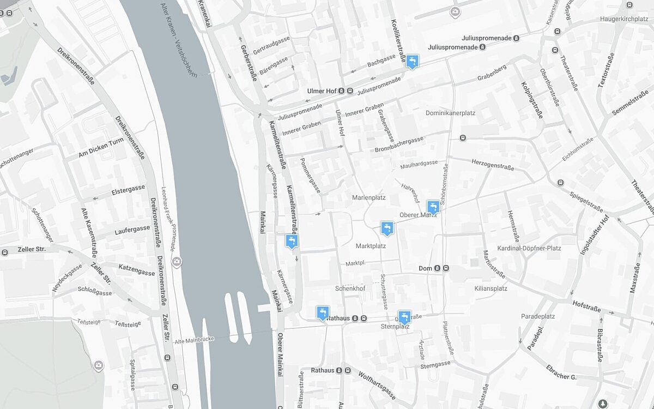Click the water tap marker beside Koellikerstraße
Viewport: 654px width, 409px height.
(x=413, y=61)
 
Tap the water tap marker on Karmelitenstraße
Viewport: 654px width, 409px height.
(x=292, y=240)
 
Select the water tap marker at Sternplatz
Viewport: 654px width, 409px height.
(x=404, y=317)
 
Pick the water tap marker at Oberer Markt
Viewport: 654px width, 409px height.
(x=433, y=207)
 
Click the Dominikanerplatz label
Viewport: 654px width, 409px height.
(x=450, y=113)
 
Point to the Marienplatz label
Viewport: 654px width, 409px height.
(x=369, y=197)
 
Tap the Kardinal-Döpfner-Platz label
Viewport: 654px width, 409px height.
(x=529, y=248)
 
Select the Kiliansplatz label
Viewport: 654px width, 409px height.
(x=491, y=288)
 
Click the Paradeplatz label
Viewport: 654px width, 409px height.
(x=537, y=316)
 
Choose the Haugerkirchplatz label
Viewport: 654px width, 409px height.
(x=623, y=19)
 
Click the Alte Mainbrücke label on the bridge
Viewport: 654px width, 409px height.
(x=195, y=340)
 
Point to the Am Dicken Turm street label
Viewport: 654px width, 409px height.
(x=102, y=148)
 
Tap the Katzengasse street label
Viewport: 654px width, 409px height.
(x=137, y=269)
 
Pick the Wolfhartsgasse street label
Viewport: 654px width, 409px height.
(x=377, y=385)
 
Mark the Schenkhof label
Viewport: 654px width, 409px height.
(x=350, y=288)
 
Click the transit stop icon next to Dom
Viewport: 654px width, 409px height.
(x=446, y=268)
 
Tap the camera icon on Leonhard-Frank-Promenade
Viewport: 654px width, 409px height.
(x=177, y=262)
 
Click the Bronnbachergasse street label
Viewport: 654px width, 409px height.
(x=399, y=145)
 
